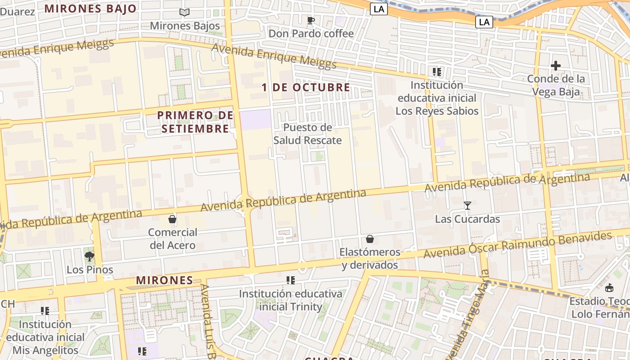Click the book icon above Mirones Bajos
click(x=184, y=13)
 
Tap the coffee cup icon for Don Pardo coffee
click(x=310, y=20)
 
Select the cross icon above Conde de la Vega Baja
click(x=556, y=66)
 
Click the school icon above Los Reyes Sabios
click(x=436, y=72)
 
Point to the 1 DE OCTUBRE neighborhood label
click(x=306, y=87)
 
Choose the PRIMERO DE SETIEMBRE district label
click(x=195, y=122)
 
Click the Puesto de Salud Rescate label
click(x=308, y=134)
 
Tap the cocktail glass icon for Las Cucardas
click(x=468, y=206)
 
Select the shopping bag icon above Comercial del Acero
click(x=172, y=219)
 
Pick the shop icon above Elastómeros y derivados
click(x=370, y=239)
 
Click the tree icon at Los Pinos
click(x=90, y=256)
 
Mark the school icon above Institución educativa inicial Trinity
click(x=291, y=280)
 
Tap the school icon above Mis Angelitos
click(x=45, y=311)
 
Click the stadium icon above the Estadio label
click(x=609, y=288)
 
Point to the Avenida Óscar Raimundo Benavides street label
click(x=517, y=245)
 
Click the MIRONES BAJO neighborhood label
click(x=90, y=9)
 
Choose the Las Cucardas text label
click(x=468, y=219)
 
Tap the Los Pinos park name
click(x=90, y=270)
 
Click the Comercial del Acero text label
click(x=172, y=239)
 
